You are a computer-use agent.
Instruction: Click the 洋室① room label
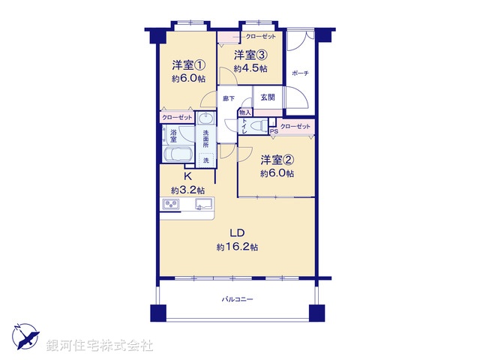tap(188, 65)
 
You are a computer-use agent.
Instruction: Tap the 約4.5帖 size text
tap(250, 68)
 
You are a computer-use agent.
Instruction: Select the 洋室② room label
tap(277, 160)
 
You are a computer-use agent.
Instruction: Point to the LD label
tap(237, 233)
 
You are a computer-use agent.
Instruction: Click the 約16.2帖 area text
tap(237, 247)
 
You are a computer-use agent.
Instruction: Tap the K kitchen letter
tap(188, 176)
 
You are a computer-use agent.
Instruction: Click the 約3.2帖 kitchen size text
tap(188, 190)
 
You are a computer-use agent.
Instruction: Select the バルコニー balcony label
tap(238, 299)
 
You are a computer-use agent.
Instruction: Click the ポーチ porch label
tap(300, 73)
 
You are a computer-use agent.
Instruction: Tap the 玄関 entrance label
tap(268, 97)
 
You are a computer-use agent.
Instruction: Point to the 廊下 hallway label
tap(229, 98)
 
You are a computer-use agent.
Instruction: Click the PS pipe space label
tap(274, 131)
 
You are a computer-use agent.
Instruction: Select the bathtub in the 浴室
tap(177, 154)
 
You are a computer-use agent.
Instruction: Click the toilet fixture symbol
tap(259, 126)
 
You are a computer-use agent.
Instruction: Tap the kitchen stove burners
tap(171, 204)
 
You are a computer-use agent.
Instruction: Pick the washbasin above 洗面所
tap(205, 118)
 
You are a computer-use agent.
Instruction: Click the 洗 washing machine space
tap(206, 160)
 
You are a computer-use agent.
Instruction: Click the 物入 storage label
tap(245, 112)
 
